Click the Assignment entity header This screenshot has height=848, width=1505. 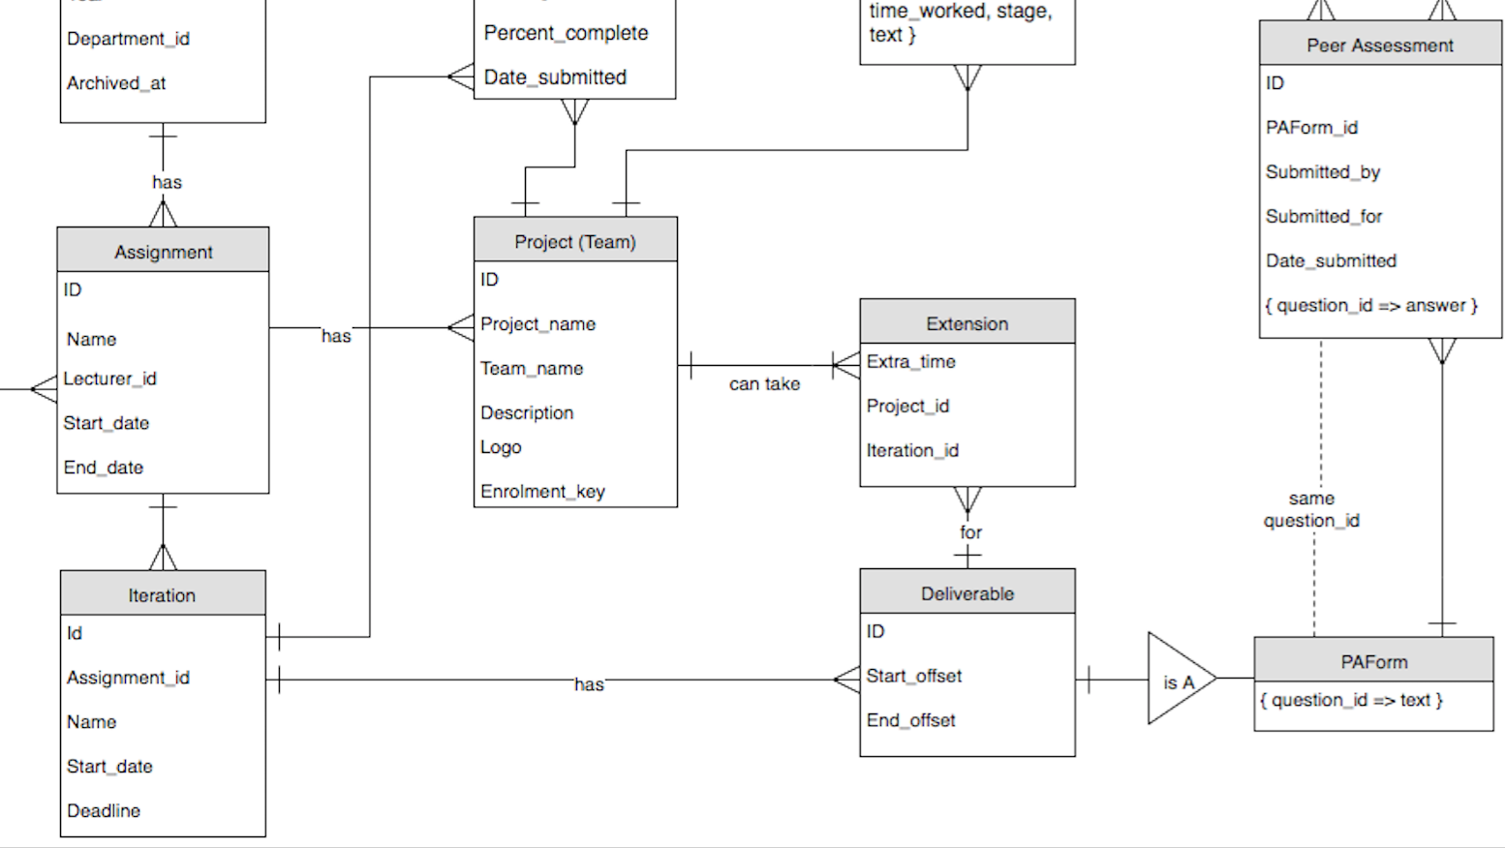point(163,251)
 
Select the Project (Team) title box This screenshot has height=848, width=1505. point(575,240)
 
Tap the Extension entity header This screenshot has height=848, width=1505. point(967,322)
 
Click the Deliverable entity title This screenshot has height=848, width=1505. point(967,592)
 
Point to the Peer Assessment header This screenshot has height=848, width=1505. point(1379,45)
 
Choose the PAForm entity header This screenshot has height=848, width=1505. point(1373,661)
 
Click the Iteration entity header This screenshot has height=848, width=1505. point(162,594)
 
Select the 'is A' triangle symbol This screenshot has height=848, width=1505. point(1177,681)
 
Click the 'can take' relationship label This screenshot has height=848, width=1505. point(764,384)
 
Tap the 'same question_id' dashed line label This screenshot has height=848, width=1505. point(1311,509)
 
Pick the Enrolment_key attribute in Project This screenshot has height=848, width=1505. point(542,491)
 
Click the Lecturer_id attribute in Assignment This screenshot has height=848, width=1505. point(109,379)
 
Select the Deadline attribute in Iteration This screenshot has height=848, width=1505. point(104,810)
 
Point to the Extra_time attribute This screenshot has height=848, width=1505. point(910,361)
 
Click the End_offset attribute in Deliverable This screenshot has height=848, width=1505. point(910,720)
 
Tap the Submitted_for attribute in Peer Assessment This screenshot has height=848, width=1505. point(1323,216)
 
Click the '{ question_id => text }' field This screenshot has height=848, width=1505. point(1351,700)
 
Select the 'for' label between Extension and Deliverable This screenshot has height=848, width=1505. point(970,532)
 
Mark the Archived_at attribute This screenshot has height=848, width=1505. point(116,83)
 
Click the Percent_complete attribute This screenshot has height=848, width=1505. point(566,33)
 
